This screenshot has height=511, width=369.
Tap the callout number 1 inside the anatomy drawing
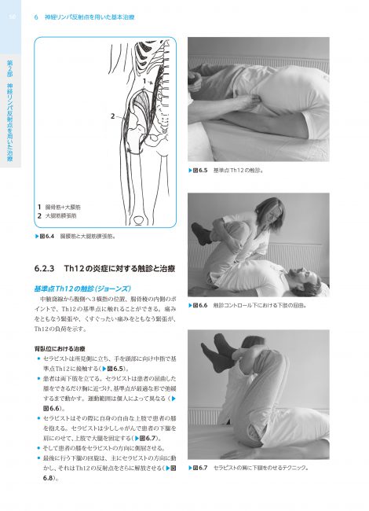click(136, 80)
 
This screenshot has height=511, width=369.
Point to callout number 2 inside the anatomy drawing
click(112, 116)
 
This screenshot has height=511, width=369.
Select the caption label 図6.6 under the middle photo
click(201, 306)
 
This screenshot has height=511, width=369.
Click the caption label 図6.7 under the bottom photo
click(201, 468)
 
